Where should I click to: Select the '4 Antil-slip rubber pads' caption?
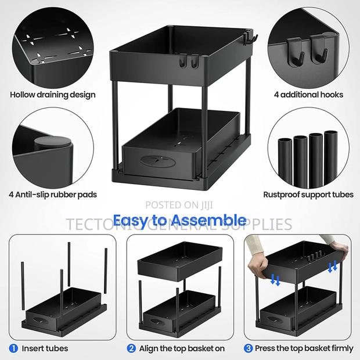click(x=53, y=195)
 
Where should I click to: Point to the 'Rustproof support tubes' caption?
click(x=308, y=195)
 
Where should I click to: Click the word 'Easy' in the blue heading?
click(x=133, y=220)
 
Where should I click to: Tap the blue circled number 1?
click(x=13, y=348)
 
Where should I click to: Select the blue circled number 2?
click(x=132, y=348)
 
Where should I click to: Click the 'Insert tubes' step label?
click(x=45, y=348)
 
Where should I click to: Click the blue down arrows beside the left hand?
click(x=276, y=280)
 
